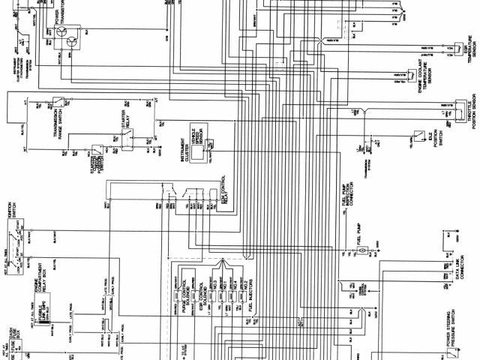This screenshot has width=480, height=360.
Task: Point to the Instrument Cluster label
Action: (181, 151)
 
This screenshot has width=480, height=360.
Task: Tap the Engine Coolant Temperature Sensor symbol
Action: (412, 76)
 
